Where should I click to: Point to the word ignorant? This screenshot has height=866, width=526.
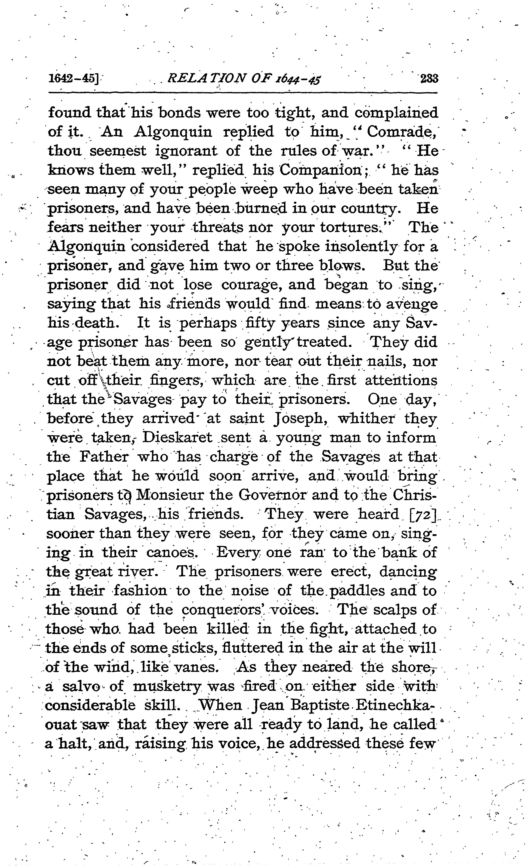click(x=186, y=151)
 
